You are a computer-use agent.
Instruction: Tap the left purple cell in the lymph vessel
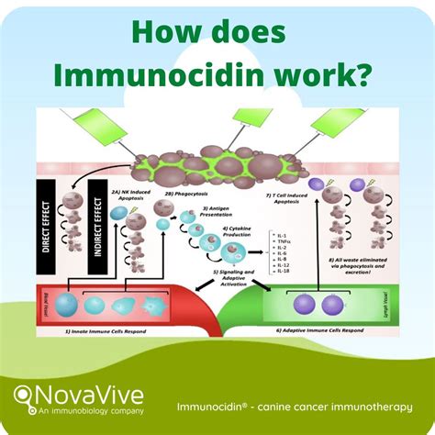[302, 303]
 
